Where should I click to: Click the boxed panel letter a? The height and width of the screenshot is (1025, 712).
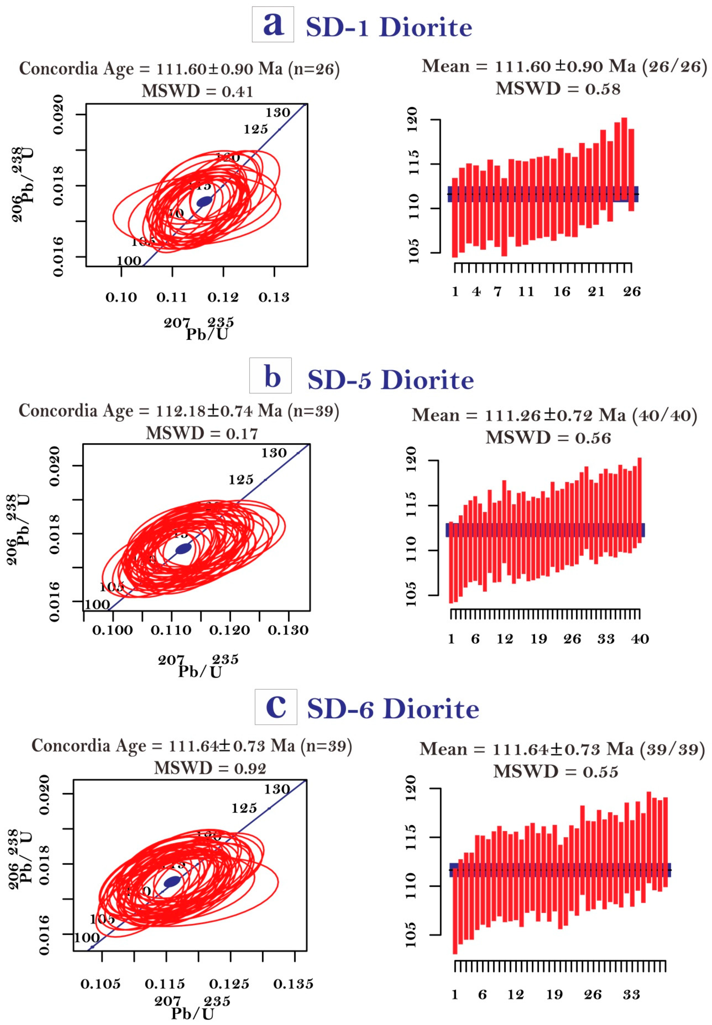click(272, 25)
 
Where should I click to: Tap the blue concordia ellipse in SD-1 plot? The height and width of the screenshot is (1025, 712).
click(204, 201)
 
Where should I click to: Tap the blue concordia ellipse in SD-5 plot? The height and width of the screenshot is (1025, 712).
click(183, 549)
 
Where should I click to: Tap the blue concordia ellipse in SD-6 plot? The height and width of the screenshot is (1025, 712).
click(172, 881)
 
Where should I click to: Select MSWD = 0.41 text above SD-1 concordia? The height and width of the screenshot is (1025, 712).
click(197, 91)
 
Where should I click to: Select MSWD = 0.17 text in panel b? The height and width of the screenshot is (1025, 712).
click(202, 434)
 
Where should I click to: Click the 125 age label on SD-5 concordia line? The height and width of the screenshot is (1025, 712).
click(241, 480)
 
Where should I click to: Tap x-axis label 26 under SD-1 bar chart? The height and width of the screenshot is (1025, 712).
click(632, 292)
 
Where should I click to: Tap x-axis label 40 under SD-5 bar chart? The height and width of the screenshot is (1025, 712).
click(640, 639)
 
